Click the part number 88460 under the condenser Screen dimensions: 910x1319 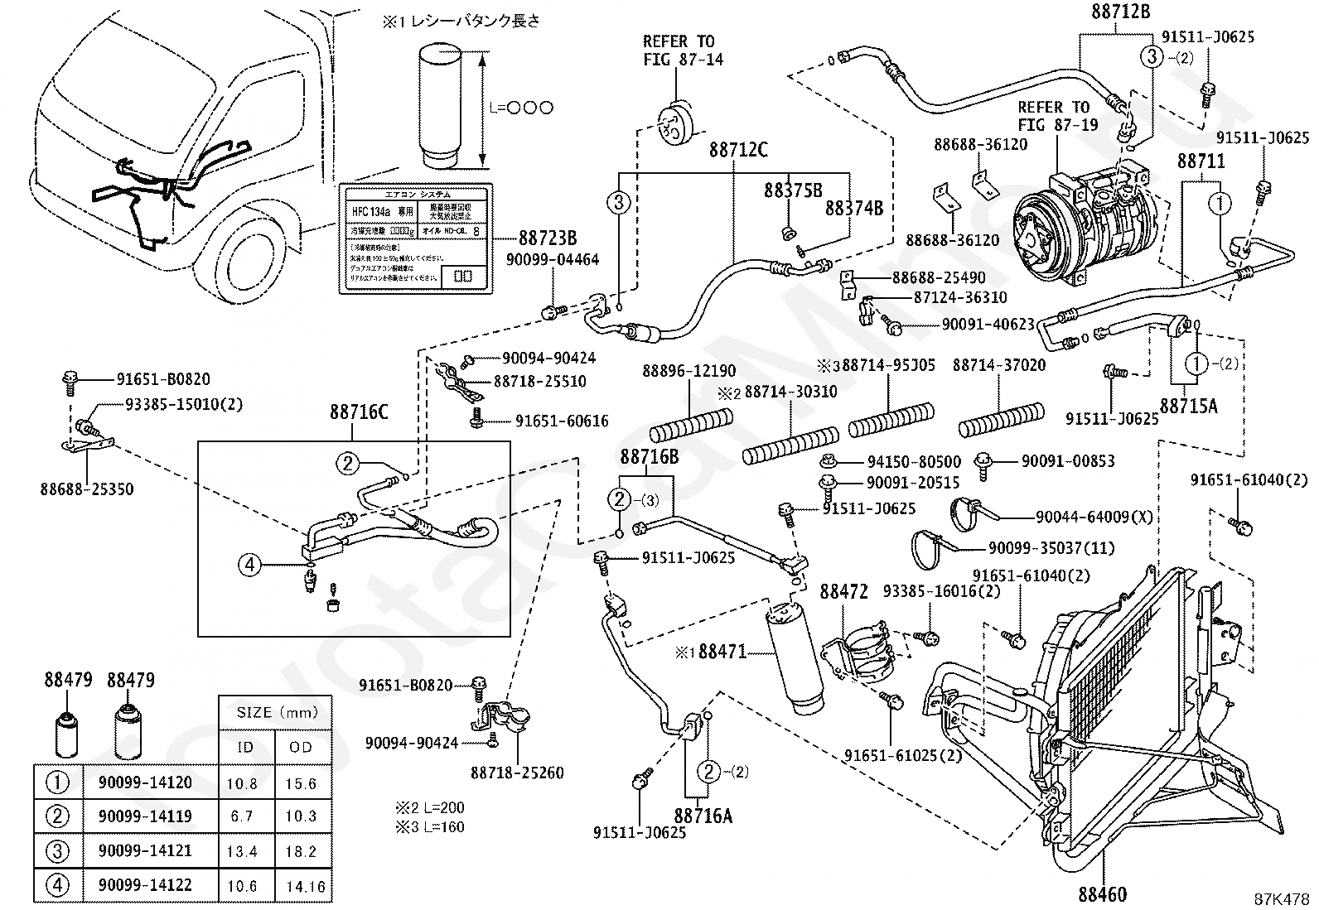point(1102,894)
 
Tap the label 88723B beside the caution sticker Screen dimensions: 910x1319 point(548,238)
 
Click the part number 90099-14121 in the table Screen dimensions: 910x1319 point(145,850)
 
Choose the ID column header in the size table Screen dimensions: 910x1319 point(246,747)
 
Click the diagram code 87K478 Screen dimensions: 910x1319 point(1281,898)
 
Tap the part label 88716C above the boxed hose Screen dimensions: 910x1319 point(358,412)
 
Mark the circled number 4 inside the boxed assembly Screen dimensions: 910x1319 point(249,566)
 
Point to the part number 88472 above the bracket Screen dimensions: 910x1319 point(843,592)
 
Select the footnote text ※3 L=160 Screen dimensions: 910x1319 point(430,826)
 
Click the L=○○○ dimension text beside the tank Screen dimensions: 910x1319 point(520,108)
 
